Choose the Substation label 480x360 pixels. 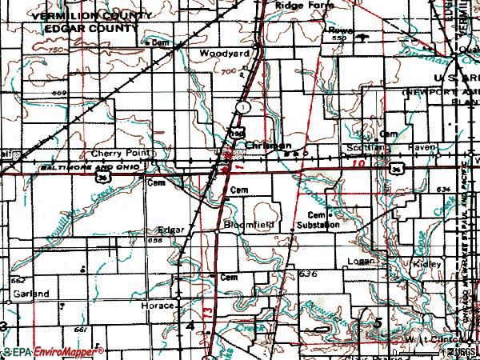pyautogui.click(x=318, y=226)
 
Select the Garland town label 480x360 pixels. pyautogui.click(x=31, y=294)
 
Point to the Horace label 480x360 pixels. pyautogui.click(x=159, y=306)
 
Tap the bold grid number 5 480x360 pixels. pyautogui.click(x=377, y=322)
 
